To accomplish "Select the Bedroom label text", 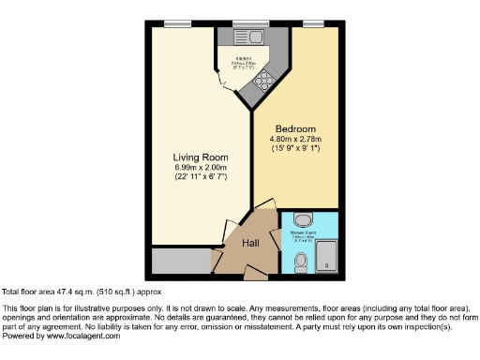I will tap(295, 127).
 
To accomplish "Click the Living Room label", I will tap(197, 157).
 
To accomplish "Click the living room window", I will tap(173, 23).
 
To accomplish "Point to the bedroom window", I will tap(312, 23).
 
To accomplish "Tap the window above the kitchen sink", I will tap(246, 23).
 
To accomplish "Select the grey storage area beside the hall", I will tap(182, 260).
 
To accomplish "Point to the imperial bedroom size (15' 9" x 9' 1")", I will tap(295, 150).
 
